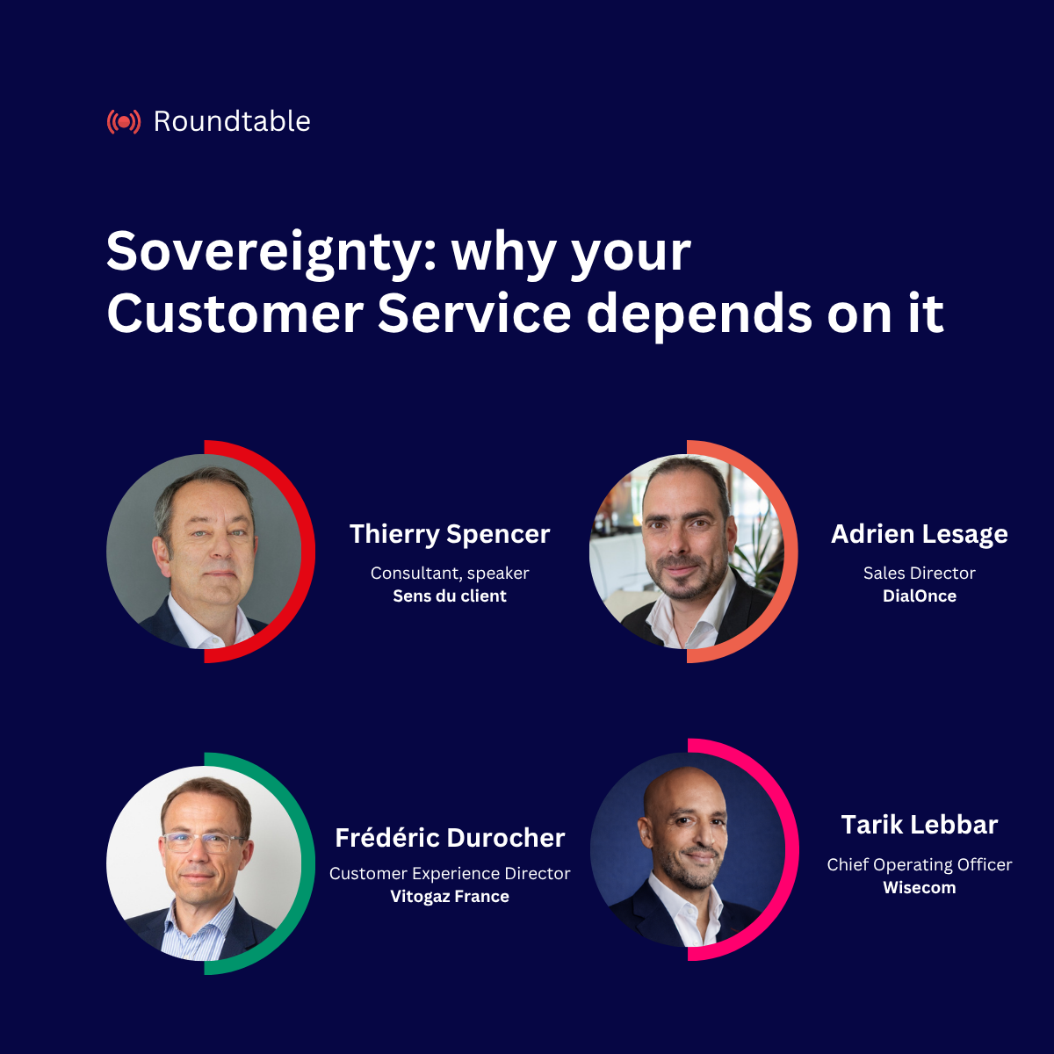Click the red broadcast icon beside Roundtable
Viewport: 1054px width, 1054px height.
click(x=123, y=121)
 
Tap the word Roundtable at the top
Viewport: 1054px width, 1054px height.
click(x=232, y=121)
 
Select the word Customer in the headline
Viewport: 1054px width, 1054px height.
click(x=235, y=314)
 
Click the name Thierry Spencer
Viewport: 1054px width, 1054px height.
click(x=450, y=534)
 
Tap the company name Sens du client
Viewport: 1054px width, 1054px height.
click(x=450, y=596)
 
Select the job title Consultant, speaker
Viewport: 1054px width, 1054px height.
click(x=450, y=573)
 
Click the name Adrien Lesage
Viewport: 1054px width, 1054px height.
click(x=920, y=534)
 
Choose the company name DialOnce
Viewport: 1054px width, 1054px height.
click(x=920, y=596)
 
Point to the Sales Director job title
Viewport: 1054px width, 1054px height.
click(x=920, y=573)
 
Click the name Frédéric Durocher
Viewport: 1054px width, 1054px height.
click(x=450, y=838)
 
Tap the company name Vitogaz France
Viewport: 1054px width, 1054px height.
click(x=450, y=896)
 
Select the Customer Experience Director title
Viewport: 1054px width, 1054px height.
click(x=450, y=873)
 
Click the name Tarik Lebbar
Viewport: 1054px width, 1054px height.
click(x=920, y=825)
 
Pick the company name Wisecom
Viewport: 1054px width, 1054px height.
click(x=920, y=887)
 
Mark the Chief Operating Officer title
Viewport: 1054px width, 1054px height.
click(x=920, y=864)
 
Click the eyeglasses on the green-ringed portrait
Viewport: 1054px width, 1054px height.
click(x=204, y=841)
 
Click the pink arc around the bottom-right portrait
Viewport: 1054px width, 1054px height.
click(x=791, y=849)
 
